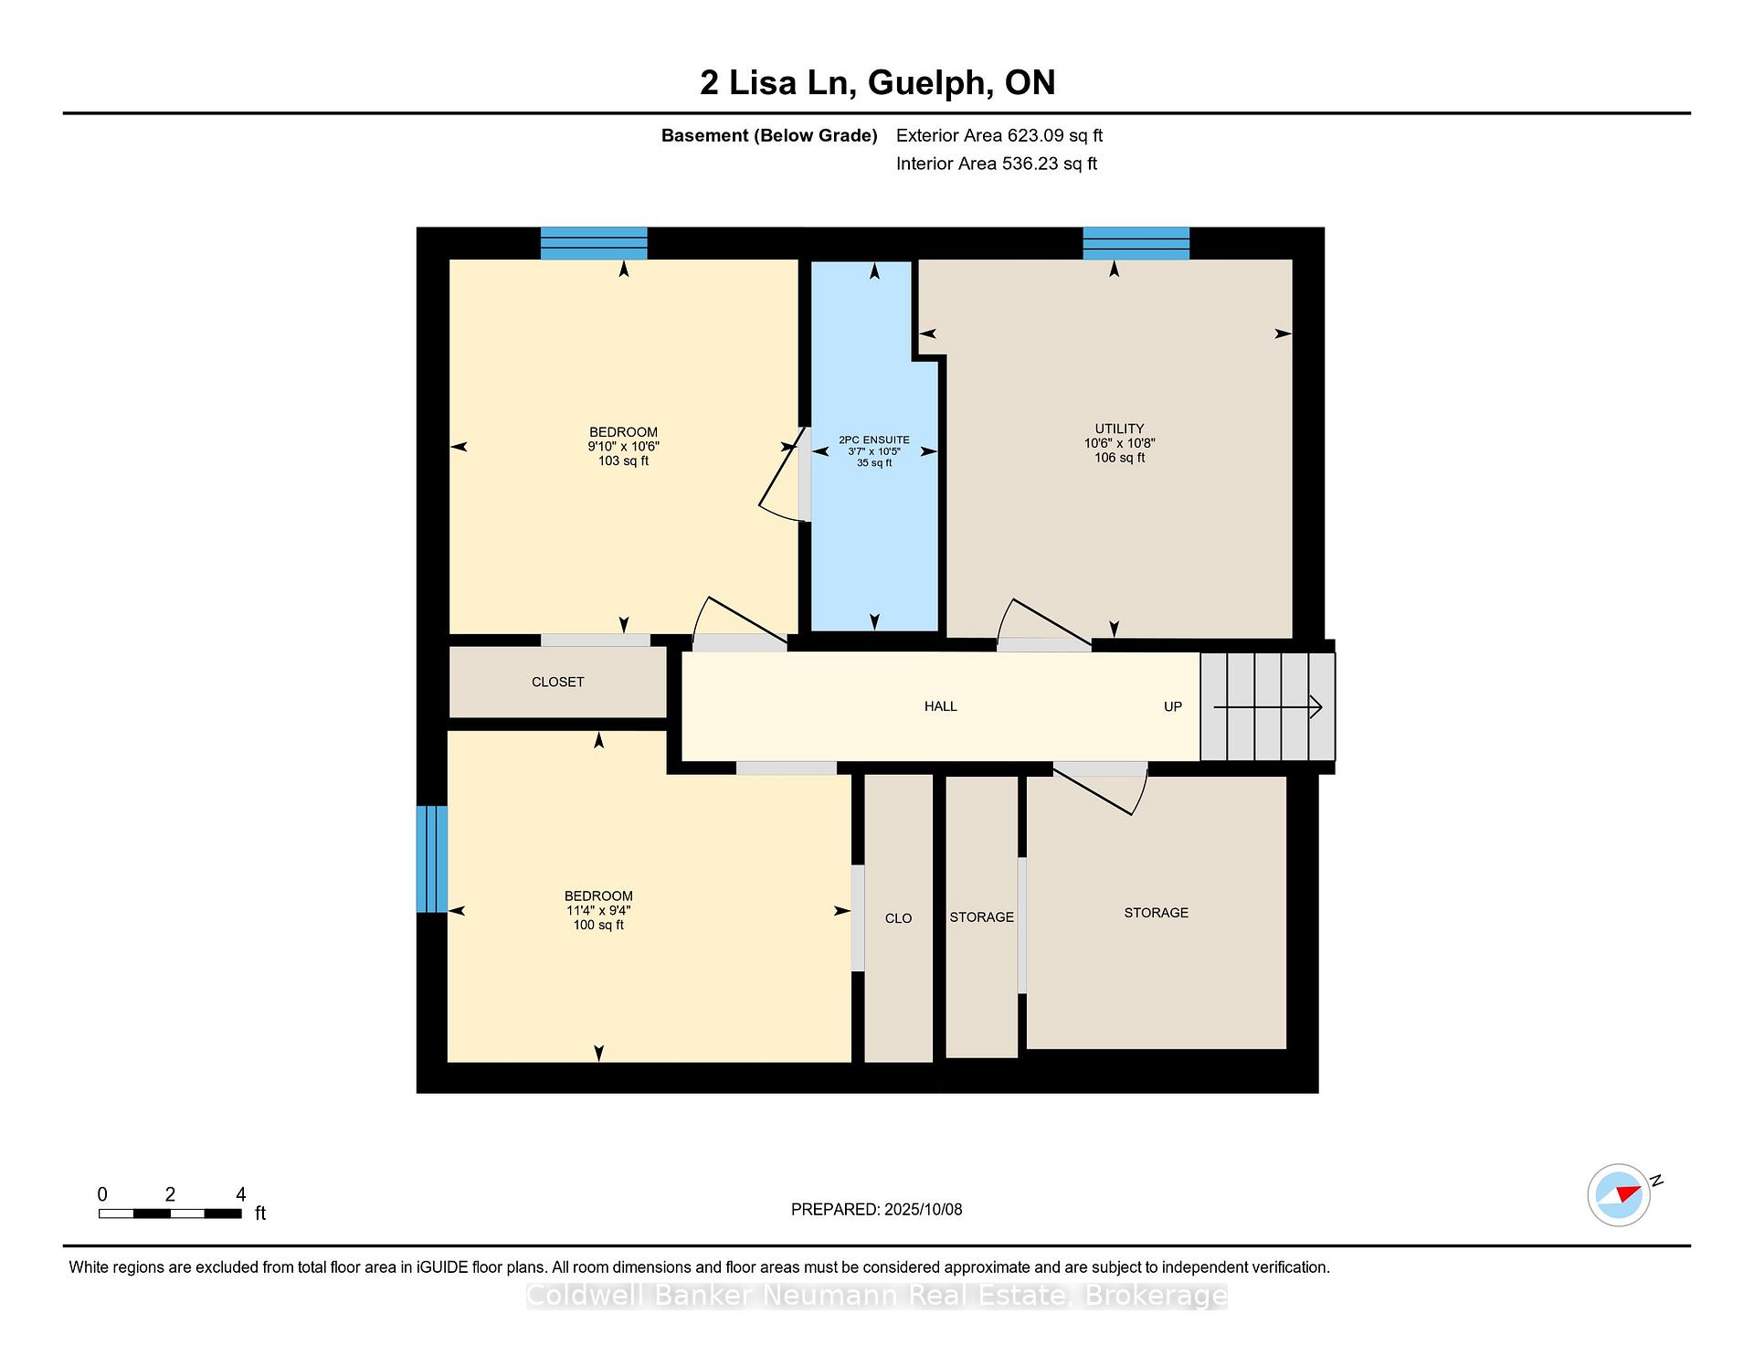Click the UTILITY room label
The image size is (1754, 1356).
(1119, 429)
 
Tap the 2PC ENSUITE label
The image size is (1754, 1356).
(874, 440)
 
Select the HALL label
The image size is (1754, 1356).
(940, 706)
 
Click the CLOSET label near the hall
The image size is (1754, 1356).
(557, 682)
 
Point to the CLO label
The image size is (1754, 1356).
(898, 918)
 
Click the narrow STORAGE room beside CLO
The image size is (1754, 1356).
(981, 916)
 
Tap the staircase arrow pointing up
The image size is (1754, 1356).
(1268, 706)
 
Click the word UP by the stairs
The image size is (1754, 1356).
(1173, 706)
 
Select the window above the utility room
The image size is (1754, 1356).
(1136, 243)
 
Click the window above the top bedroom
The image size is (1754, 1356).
(594, 243)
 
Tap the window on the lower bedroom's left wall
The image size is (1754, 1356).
(432, 859)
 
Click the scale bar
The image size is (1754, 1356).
(170, 1213)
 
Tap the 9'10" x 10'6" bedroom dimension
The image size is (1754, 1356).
(623, 447)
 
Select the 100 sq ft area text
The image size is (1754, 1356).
(598, 925)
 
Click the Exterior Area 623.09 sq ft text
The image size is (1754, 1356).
(999, 135)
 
